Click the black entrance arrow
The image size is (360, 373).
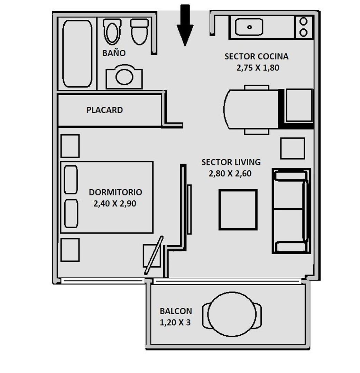185,25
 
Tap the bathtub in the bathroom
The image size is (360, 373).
77,54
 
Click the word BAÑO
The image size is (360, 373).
114,53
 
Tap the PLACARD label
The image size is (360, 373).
104,110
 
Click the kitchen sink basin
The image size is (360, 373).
249,27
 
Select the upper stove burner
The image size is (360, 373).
304,21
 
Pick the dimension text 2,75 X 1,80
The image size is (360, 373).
258,68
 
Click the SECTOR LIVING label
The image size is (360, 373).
231,162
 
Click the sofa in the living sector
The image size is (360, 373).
292,211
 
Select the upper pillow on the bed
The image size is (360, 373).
71,180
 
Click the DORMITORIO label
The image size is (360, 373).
116,192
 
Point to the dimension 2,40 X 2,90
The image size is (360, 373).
115,204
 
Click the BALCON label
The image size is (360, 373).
176,311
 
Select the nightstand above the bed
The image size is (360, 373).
70,146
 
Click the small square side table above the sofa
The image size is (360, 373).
293,149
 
